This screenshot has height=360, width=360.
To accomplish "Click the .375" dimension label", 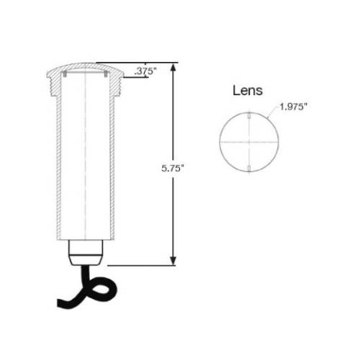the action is click(x=145, y=71).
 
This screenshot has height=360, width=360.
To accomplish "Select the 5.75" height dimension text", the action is click(x=173, y=168).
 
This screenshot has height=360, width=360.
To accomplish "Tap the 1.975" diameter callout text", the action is click(x=293, y=107).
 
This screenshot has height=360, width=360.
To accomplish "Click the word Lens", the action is click(x=248, y=91).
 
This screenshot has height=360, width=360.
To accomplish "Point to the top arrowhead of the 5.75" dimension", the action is click(x=173, y=67).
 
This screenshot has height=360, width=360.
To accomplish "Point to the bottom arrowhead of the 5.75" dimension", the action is click(x=173, y=261).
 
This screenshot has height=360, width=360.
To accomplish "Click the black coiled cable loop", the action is click(x=102, y=289).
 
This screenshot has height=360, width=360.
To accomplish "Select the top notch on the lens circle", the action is click(x=249, y=115).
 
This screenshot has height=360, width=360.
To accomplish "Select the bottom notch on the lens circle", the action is click(x=249, y=168).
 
